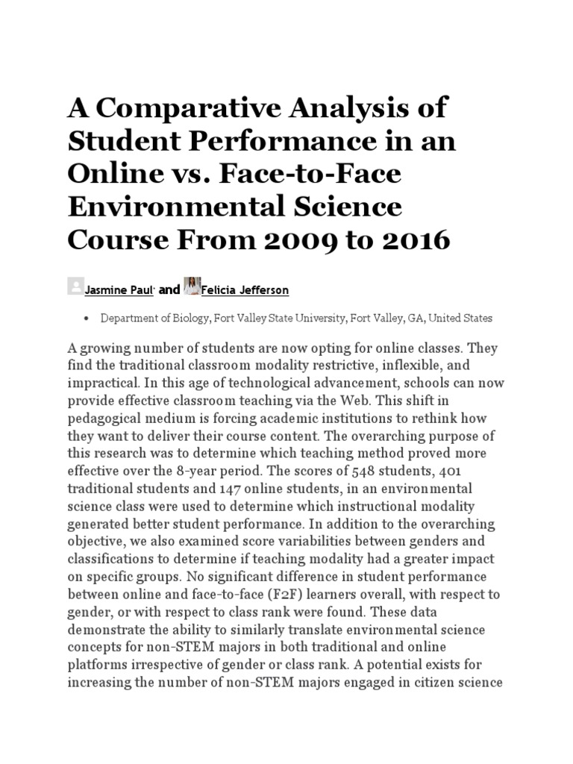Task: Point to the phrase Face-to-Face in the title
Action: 318,175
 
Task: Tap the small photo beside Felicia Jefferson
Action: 191,287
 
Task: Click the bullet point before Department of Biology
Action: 87,319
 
